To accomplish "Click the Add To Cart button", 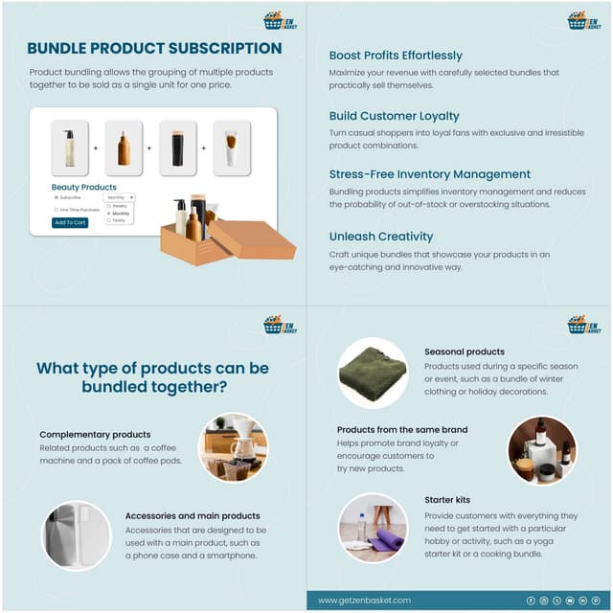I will tap(70, 222).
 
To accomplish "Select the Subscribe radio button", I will tap(57, 196).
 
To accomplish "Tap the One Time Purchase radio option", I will tap(57, 209).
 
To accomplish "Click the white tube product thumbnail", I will tap(231, 148).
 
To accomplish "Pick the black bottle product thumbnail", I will tap(177, 148).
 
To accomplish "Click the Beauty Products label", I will tap(84, 187).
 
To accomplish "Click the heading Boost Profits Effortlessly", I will tap(396, 56).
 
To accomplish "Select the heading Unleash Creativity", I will tap(381, 236).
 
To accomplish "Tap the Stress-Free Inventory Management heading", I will tap(429, 174).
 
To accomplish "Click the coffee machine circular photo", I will tap(233, 447).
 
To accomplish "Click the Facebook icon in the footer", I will tap(532, 600).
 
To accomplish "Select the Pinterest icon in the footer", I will tap(595, 600).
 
